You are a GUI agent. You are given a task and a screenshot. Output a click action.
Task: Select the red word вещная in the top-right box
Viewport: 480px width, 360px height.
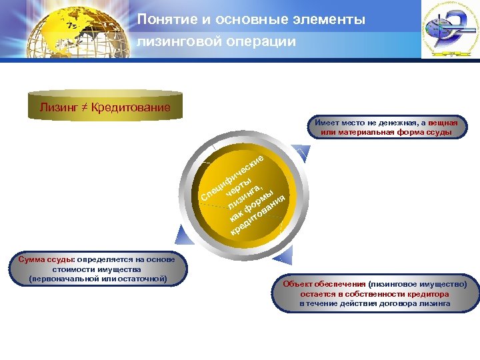click(443, 123)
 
